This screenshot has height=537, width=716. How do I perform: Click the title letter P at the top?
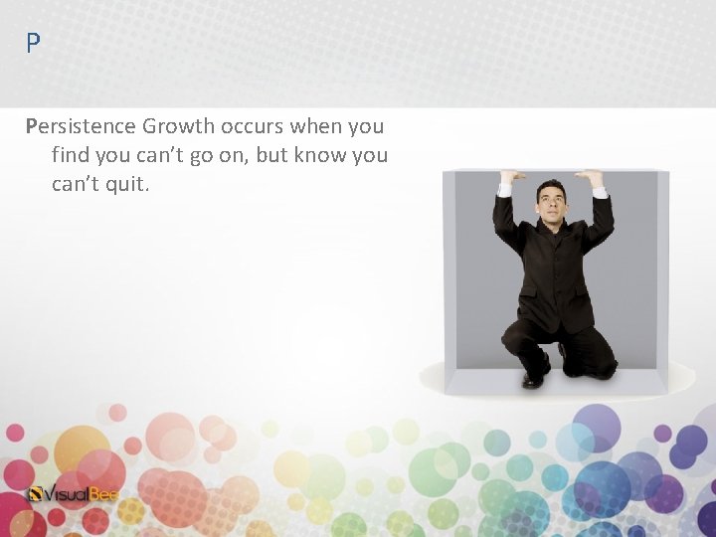(34, 44)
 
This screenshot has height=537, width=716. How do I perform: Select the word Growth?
(178, 127)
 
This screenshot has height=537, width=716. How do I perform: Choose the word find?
(71, 156)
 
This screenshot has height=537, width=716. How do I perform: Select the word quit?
(126, 185)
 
